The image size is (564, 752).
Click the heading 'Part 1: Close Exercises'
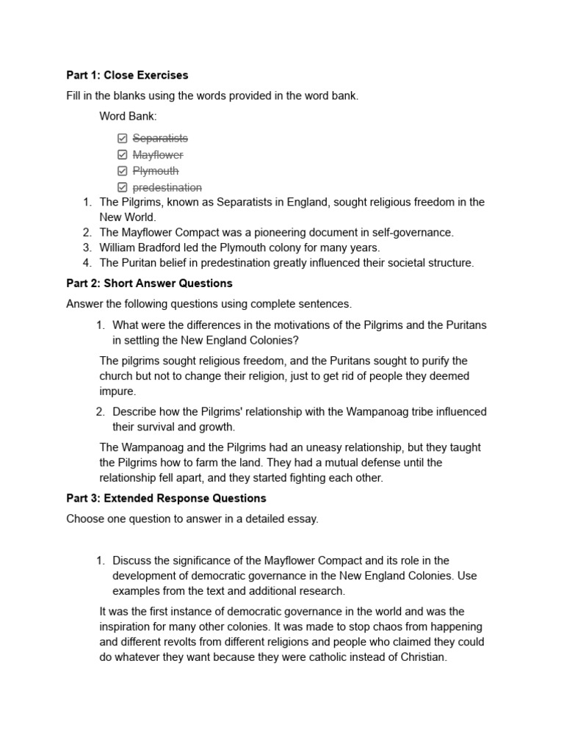click(x=127, y=75)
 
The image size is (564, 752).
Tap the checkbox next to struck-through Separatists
click(x=122, y=139)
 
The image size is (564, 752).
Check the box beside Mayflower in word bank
click(x=122, y=155)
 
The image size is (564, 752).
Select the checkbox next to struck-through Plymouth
click(x=122, y=171)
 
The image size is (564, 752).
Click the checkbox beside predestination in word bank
click(x=122, y=188)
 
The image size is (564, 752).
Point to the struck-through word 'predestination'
click(x=167, y=188)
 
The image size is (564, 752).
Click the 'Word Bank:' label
click(x=128, y=117)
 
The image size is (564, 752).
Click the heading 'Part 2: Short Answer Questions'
click(x=149, y=283)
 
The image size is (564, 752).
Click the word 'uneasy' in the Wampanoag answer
click(x=315, y=447)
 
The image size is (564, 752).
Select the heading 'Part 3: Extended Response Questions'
click(x=166, y=499)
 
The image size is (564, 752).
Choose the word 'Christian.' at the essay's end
click(x=419, y=657)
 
